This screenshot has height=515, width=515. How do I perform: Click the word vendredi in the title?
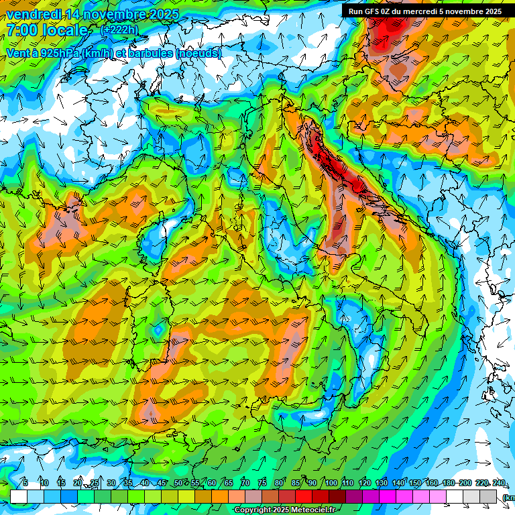tap(34, 14)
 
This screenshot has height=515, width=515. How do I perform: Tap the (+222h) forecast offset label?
tap(119, 30)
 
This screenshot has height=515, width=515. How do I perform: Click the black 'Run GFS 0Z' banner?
tap(424, 11)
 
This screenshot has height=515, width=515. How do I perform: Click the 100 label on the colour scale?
tap(331, 483)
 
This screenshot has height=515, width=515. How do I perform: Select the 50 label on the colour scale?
tap(178, 483)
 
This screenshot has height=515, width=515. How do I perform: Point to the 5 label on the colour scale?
tap(25, 483)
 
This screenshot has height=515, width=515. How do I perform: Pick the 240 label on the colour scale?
tap(500, 483)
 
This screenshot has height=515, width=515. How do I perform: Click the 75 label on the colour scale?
tap(263, 483)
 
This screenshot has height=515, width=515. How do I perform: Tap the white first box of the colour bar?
tap(19, 496)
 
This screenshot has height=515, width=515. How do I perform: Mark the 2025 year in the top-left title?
tap(164, 14)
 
